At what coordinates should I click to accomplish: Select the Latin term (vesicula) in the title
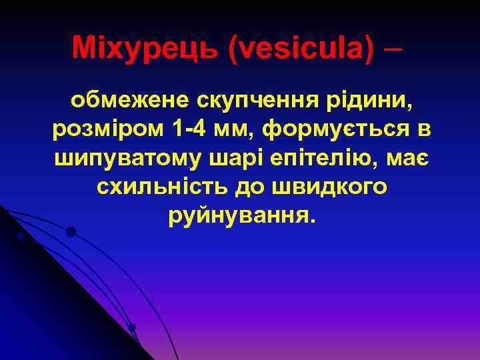click(x=301, y=49)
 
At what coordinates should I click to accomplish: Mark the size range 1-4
click(x=194, y=130)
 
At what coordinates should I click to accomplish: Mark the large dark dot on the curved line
click(x=71, y=232)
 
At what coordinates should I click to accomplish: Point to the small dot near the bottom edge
click(x=132, y=327)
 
